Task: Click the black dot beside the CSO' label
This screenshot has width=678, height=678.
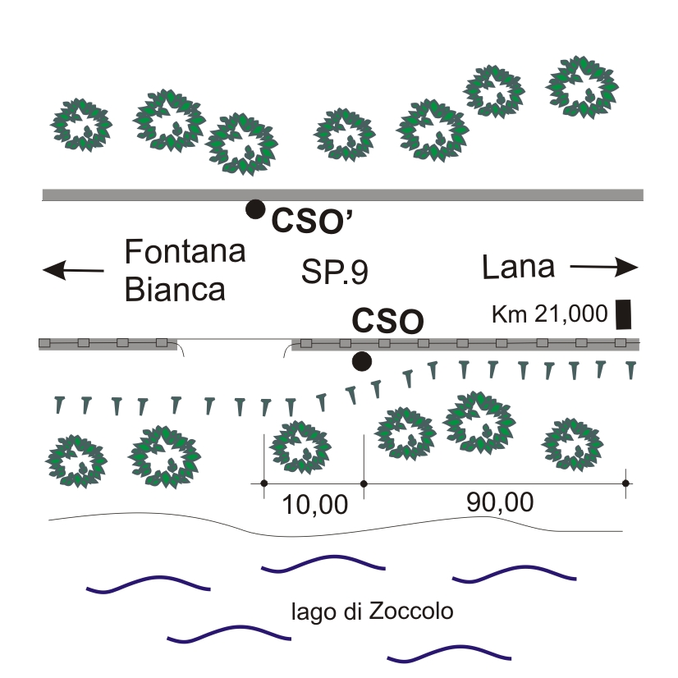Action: [256, 209]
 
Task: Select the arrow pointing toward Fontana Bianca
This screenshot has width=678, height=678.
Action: [74, 269]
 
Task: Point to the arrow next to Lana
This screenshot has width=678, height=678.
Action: [604, 266]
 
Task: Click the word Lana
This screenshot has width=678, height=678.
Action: [518, 266]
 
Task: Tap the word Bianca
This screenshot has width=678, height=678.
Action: [175, 290]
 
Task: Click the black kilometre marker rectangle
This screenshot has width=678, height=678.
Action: [624, 314]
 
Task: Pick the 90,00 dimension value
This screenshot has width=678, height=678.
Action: [499, 502]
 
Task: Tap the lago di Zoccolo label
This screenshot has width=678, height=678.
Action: [373, 612]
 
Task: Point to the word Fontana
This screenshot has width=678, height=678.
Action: [185, 251]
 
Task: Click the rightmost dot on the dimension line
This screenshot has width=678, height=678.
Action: [625, 483]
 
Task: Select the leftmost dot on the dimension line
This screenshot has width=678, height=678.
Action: [263, 483]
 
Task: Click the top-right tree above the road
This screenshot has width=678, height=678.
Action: [583, 87]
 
